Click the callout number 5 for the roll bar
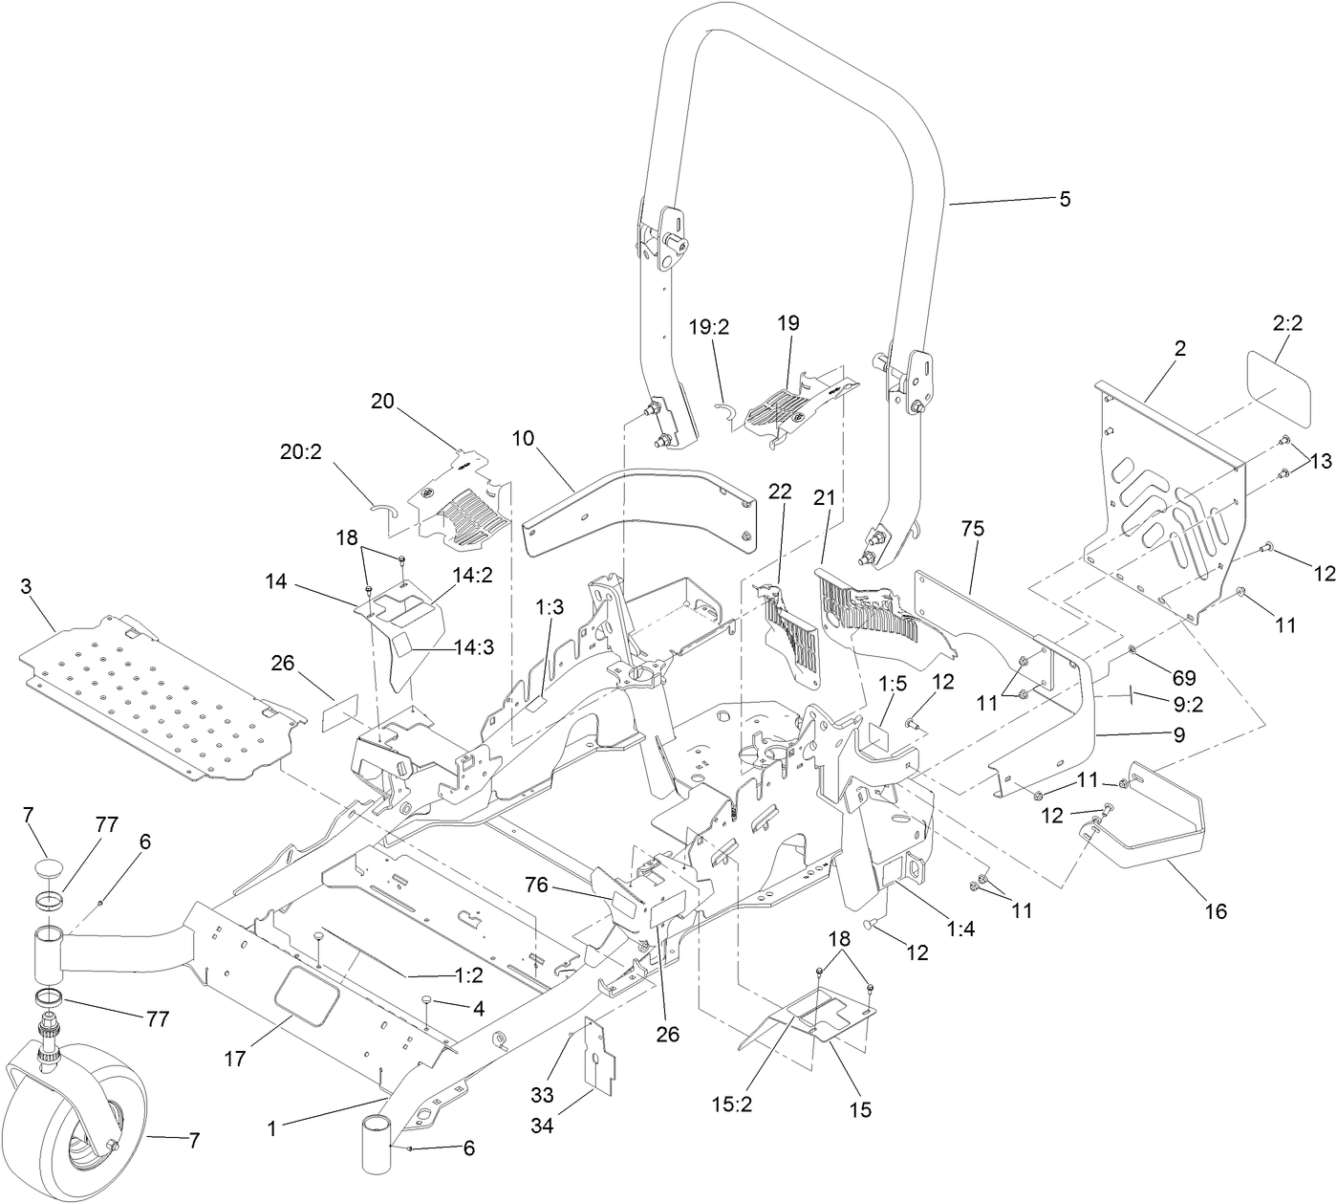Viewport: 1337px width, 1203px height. (x=1065, y=199)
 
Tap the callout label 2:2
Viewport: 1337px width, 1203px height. (x=1287, y=324)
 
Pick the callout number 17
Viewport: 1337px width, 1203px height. (x=235, y=1059)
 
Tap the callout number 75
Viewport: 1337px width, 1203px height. (x=973, y=529)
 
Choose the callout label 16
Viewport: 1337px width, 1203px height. (x=1215, y=911)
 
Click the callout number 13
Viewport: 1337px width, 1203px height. (x=1321, y=462)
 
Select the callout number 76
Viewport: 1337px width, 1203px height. (x=536, y=885)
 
